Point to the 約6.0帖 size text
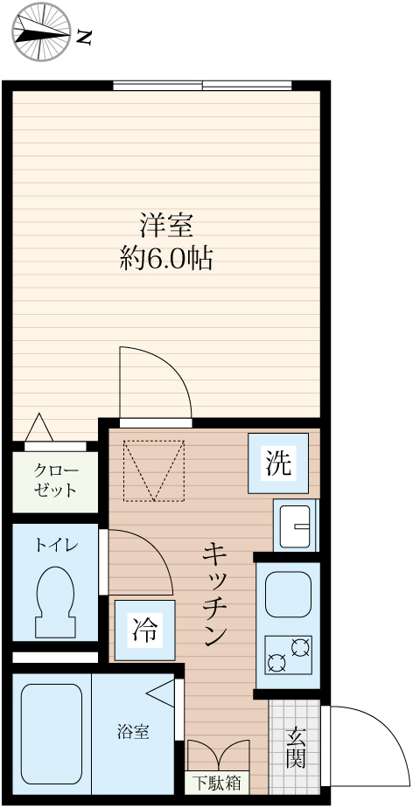click(x=166, y=259)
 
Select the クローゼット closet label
click(x=55, y=480)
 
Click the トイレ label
click(x=56, y=545)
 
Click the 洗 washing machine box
click(x=277, y=463)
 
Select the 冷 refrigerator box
click(x=144, y=629)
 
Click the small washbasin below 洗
click(x=296, y=526)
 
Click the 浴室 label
click(x=133, y=732)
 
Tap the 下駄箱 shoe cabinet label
click(x=216, y=783)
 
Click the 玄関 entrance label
click(x=295, y=747)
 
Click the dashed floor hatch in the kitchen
click(x=155, y=470)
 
